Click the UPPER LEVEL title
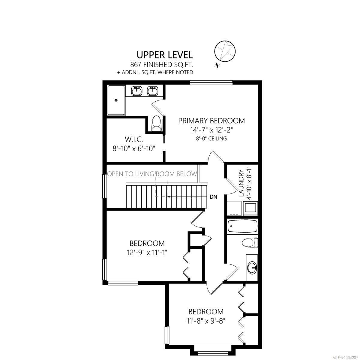(x=165, y=55)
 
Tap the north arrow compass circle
(x=225, y=51)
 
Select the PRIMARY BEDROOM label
(x=211, y=121)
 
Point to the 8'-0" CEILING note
(x=211, y=138)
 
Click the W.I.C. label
(x=133, y=139)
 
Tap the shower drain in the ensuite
(x=116, y=100)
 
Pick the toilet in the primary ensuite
(x=156, y=124)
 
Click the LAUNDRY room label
(x=241, y=183)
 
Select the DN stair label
(x=214, y=197)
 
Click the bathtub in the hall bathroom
(x=242, y=226)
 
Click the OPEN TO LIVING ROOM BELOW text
(x=152, y=174)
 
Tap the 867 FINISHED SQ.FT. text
(x=161, y=65)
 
